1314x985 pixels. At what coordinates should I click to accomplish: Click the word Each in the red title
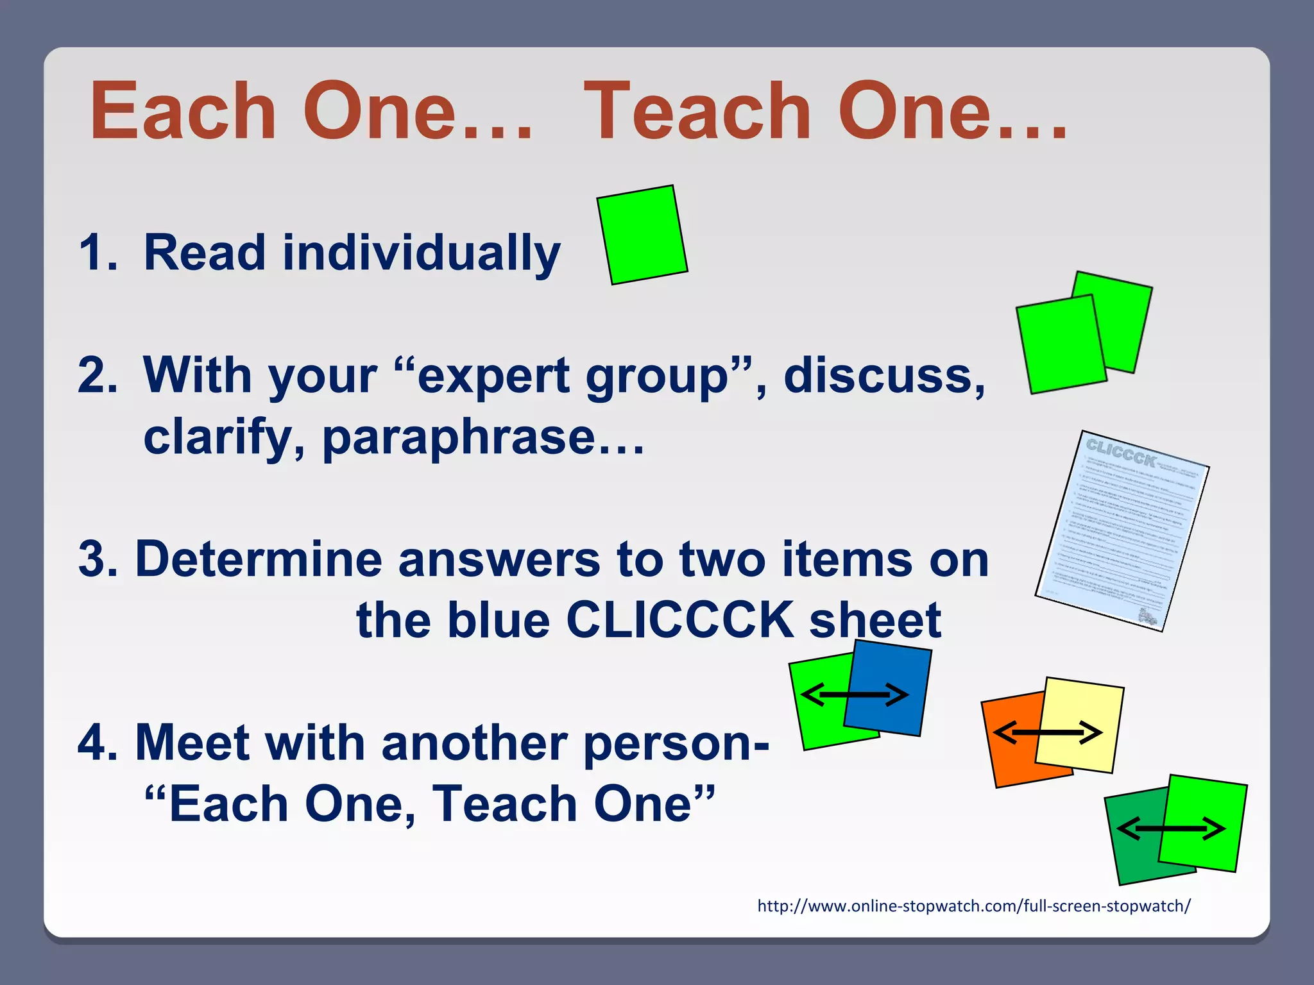pos(183,112)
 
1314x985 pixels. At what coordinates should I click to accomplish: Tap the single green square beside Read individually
pos(642,235)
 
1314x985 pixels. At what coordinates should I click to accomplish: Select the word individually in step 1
pos(422,253)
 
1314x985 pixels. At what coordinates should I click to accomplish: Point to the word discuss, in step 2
pos(884,375)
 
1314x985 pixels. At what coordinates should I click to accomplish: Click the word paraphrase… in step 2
pos(482,437)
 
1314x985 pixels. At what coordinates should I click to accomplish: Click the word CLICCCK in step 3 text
pos(679,620)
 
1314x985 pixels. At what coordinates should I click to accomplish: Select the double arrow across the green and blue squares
pos(855,695)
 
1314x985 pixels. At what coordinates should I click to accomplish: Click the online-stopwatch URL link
pos(973,906)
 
